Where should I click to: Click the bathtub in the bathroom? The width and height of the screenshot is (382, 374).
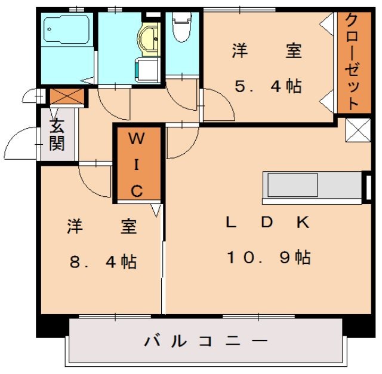pos(66,29)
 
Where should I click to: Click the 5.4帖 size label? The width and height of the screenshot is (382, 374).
pos(267,86)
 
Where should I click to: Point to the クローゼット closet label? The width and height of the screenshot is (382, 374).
pos(352,62)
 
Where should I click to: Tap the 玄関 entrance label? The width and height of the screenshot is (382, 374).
pos(57,135)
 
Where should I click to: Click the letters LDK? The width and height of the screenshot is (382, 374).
pos(267,223)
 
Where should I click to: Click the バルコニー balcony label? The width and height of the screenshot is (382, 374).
pos(205,342)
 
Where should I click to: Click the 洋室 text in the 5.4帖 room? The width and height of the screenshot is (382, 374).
pos(267,51)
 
